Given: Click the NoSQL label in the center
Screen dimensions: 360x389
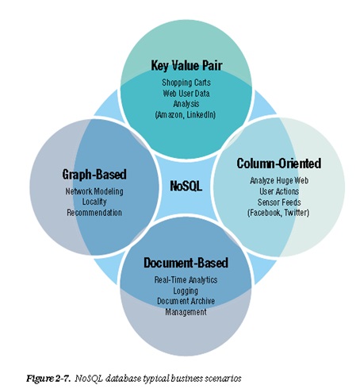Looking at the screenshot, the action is pos(186,186).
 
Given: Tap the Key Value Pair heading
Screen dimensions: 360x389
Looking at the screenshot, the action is pos(186,65).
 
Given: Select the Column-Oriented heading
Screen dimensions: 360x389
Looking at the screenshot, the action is pos(279,164).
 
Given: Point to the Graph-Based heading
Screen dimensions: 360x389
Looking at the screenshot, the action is pos(94,175).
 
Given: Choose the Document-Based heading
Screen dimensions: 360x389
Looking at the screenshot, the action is pos(186,263).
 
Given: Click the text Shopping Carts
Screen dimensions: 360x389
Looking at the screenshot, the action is pos(186,83).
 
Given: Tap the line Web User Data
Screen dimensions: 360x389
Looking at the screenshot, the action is pos(186,93).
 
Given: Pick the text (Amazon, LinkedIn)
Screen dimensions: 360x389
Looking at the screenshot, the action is pos(186,114).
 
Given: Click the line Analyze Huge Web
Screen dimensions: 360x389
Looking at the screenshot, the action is pos(279,180).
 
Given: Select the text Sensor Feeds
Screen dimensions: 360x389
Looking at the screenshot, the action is pos(279,202).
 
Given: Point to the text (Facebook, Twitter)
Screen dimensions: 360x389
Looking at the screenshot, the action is pos(278,213).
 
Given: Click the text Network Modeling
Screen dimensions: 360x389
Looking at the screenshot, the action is pos(94,191).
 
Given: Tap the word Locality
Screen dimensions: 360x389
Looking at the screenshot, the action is pos(94,202).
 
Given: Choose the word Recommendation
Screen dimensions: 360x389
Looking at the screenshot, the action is pos(94,213).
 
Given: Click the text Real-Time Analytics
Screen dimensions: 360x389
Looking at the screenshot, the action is pos(186,280).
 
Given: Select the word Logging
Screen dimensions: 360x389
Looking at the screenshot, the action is pos(186,291).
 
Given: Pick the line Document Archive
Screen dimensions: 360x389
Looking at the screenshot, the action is pos(186,301).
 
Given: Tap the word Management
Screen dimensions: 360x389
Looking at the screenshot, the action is pos(186,312).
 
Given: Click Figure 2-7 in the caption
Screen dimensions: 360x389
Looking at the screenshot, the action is pos(48,379).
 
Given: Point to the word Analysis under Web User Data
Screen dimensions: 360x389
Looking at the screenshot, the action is pos(186,104).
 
